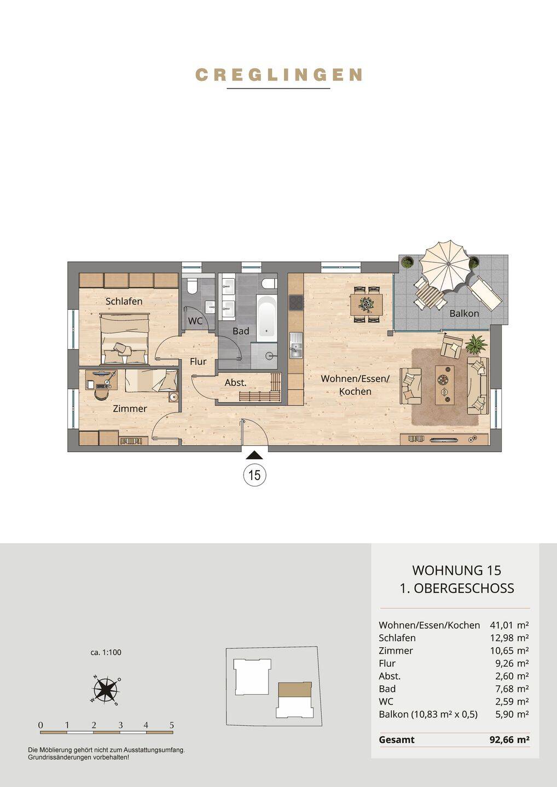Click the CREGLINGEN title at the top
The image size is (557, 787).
pos(278,75)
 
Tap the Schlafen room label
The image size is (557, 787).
pos(124,301)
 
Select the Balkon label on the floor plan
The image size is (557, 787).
pos(464,313)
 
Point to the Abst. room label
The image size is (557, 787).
pos(236,383)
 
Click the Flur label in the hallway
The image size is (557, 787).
pos(198,362)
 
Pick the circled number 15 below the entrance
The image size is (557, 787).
pos(254,475)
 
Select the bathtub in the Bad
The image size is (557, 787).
pos(266,318)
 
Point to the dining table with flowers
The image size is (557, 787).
pos(366,304)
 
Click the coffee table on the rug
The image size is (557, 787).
pos(444,385)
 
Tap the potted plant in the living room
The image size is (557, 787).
pos(476,344)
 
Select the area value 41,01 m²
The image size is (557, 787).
pos(509,625)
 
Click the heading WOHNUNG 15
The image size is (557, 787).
pos(457,570)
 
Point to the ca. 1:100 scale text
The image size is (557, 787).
pos(106,653)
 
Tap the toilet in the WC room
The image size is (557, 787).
pos(192,286)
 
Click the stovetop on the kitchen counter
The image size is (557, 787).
pos(295,303)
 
